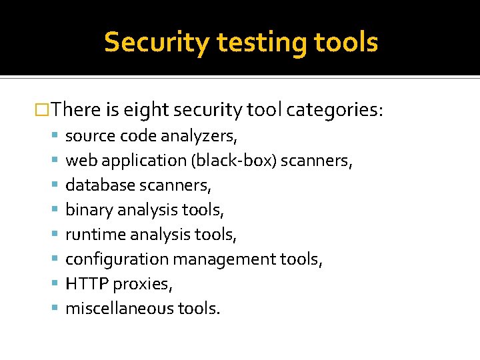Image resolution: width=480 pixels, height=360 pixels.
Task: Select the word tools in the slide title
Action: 347,42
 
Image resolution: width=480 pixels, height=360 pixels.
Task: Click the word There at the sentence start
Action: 74,109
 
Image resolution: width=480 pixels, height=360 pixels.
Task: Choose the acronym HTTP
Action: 87,284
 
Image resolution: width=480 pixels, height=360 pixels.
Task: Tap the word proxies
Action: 143,285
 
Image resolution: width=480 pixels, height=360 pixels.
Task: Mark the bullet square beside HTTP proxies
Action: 55,284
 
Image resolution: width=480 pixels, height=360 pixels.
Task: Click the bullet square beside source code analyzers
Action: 55,137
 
